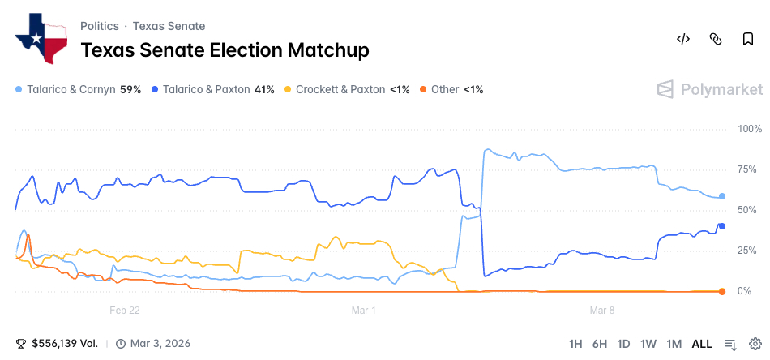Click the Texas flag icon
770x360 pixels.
tap(41, 38)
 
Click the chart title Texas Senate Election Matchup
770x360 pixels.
tap(225, 50)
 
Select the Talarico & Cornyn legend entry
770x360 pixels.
tap(79, 89)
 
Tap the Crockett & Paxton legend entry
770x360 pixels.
tap(348, 89)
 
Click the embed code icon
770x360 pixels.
tap(682, 39)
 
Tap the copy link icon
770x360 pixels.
tap(715, 39)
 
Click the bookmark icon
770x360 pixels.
tap(747, 39)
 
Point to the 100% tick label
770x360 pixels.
tap(750, 129)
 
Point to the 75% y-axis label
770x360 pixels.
tap(747, 169)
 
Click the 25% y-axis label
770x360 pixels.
tap(747, 251)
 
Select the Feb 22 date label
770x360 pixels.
tap(125, 310)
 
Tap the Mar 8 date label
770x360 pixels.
tap(602, 310)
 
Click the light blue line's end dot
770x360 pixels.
tap(722, 196)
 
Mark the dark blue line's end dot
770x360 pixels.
tap(722, 226)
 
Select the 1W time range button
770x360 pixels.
tap(648, 344)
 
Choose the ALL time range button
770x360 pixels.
tap(702, 344)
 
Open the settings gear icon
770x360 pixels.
tap(755, 344)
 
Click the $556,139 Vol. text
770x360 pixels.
tap(65, 344)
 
